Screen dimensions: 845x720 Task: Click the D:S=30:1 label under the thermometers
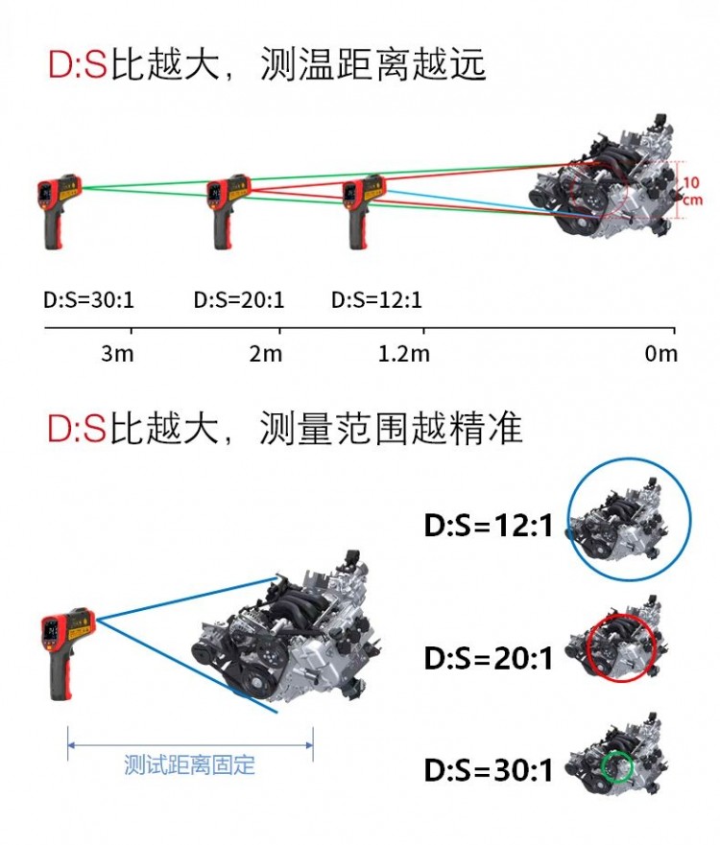point(89,300)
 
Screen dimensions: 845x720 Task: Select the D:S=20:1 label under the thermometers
point(239,300)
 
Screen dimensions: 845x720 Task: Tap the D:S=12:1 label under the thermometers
point(376,300)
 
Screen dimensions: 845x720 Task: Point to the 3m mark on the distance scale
point(117,354)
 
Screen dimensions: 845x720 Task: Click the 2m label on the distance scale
point(266,354)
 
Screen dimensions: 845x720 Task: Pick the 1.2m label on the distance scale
point(404,354)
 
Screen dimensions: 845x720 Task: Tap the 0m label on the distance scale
point(660,354)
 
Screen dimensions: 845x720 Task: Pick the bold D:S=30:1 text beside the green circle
point(489,770)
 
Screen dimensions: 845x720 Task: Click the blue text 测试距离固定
point(190,765)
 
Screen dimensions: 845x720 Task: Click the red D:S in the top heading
point(76,64)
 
